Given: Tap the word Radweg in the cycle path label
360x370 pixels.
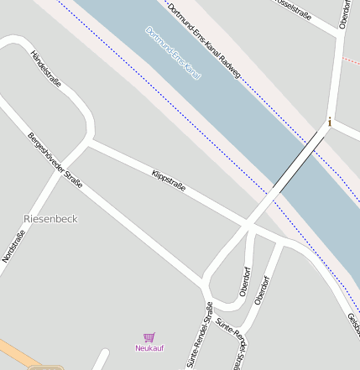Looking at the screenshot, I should [229, 65].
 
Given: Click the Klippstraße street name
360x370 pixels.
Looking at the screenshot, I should [168, 178].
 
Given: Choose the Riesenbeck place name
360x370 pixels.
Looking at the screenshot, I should [50, 218].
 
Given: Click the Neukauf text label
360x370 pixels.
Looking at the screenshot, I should [149, 347].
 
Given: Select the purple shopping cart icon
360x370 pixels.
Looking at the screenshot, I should [149, 337].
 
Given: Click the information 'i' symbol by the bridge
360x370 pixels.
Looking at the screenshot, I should [330, 122].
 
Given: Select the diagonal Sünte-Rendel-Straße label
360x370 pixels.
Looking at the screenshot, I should [232, 336].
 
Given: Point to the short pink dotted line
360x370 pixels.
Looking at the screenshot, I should [351, 60].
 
